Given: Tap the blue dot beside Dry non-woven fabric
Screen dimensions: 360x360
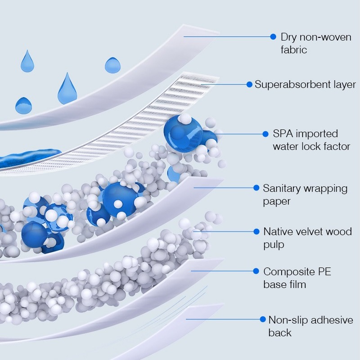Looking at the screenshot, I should (273, 36).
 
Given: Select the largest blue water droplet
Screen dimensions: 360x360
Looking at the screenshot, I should (68, 89).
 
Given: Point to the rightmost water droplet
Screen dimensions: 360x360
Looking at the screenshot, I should (112, 65).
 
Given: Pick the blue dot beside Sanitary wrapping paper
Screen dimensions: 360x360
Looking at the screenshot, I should (255, 188).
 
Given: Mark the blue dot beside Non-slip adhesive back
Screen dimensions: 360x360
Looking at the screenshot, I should (262, 319).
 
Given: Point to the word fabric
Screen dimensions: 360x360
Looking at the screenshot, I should (293, 49).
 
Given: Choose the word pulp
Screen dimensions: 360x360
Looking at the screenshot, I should (274, 245).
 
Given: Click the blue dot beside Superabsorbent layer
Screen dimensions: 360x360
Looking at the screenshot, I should (249, 84).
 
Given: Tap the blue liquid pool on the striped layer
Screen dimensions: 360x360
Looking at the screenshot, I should (27, 158).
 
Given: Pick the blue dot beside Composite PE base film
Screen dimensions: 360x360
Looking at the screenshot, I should (255, 271).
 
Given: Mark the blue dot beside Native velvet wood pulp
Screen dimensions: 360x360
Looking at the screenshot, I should (255, 231).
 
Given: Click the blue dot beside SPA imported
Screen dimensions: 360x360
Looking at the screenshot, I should (265, 134).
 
